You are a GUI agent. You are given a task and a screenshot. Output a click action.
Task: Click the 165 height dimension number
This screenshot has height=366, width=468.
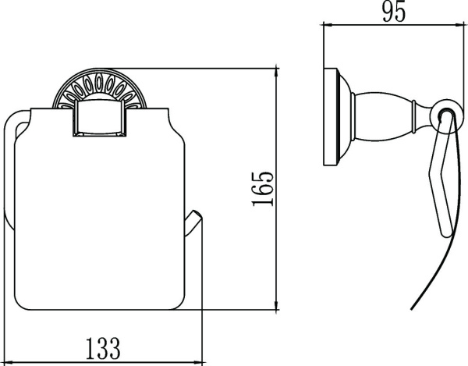coord(264,190)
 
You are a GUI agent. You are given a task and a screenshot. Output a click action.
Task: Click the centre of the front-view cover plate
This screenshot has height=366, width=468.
coord(100,211)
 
